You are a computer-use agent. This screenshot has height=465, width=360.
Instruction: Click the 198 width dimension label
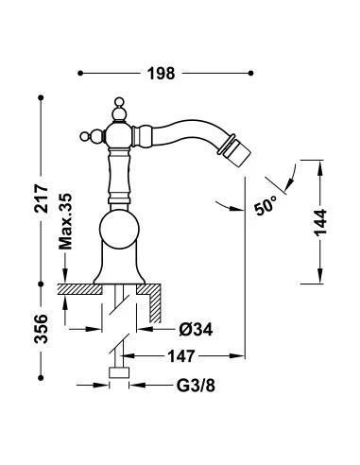click(x=161, y=74)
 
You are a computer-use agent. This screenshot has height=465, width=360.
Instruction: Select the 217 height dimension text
click(x=42, y=198)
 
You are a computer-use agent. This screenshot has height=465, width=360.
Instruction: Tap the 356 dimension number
click(x=42, y=329)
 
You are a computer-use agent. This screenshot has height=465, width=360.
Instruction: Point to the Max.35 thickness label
click(x=65, y=221)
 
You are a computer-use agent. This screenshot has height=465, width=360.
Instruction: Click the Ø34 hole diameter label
click(x=196, y=330)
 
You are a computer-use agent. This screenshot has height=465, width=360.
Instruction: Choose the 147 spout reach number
click(x=181, y=356)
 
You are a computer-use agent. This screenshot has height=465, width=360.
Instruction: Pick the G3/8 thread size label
click(x=196, y=385)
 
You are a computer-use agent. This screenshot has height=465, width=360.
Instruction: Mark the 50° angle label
click(x=266, y=205)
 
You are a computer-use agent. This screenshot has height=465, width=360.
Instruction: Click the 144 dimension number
click(x=320, y=222)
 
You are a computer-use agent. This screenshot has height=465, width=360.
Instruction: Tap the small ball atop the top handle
click(x=119, y=101)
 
